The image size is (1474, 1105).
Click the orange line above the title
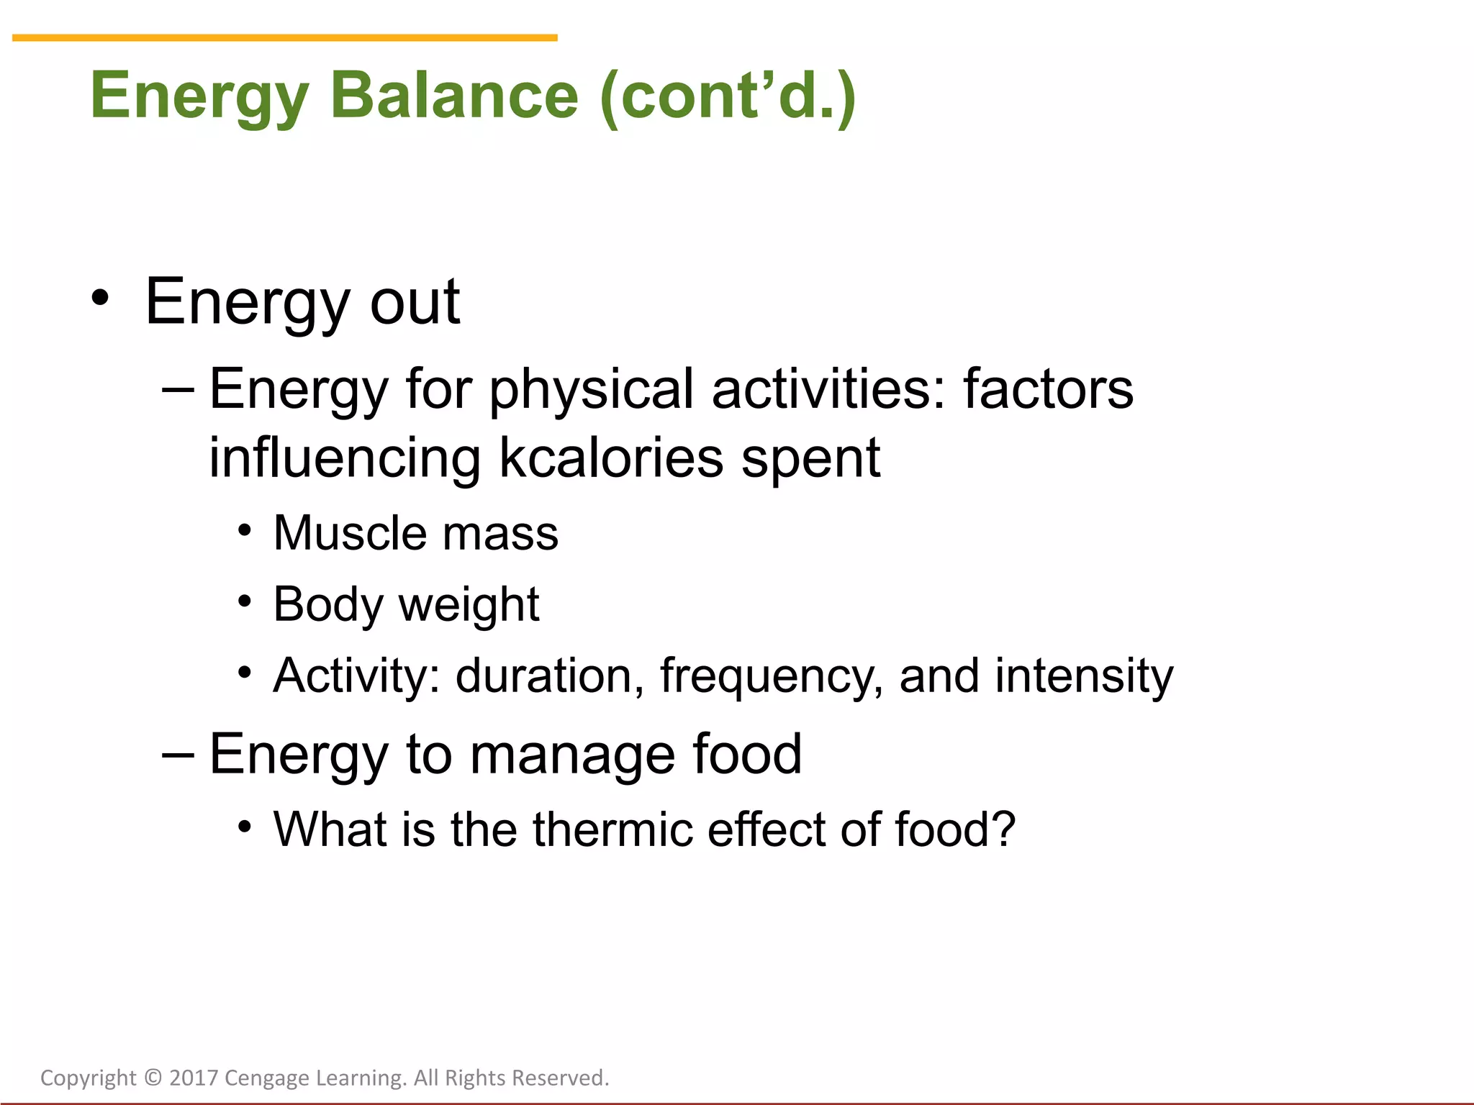click(284, 37)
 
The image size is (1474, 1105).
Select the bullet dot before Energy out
click(101, 298)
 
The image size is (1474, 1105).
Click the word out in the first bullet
click(415, 302)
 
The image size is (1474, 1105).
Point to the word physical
click(592, 389)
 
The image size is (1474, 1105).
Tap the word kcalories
click(611, 458)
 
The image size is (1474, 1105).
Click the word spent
click(810, 458)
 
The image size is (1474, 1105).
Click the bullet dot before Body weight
click(245, 601)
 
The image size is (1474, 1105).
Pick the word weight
click(469, 605)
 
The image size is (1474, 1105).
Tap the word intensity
click(1084, 677)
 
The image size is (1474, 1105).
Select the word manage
click(573, 755)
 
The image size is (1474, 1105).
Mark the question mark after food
click(1003, 829)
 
